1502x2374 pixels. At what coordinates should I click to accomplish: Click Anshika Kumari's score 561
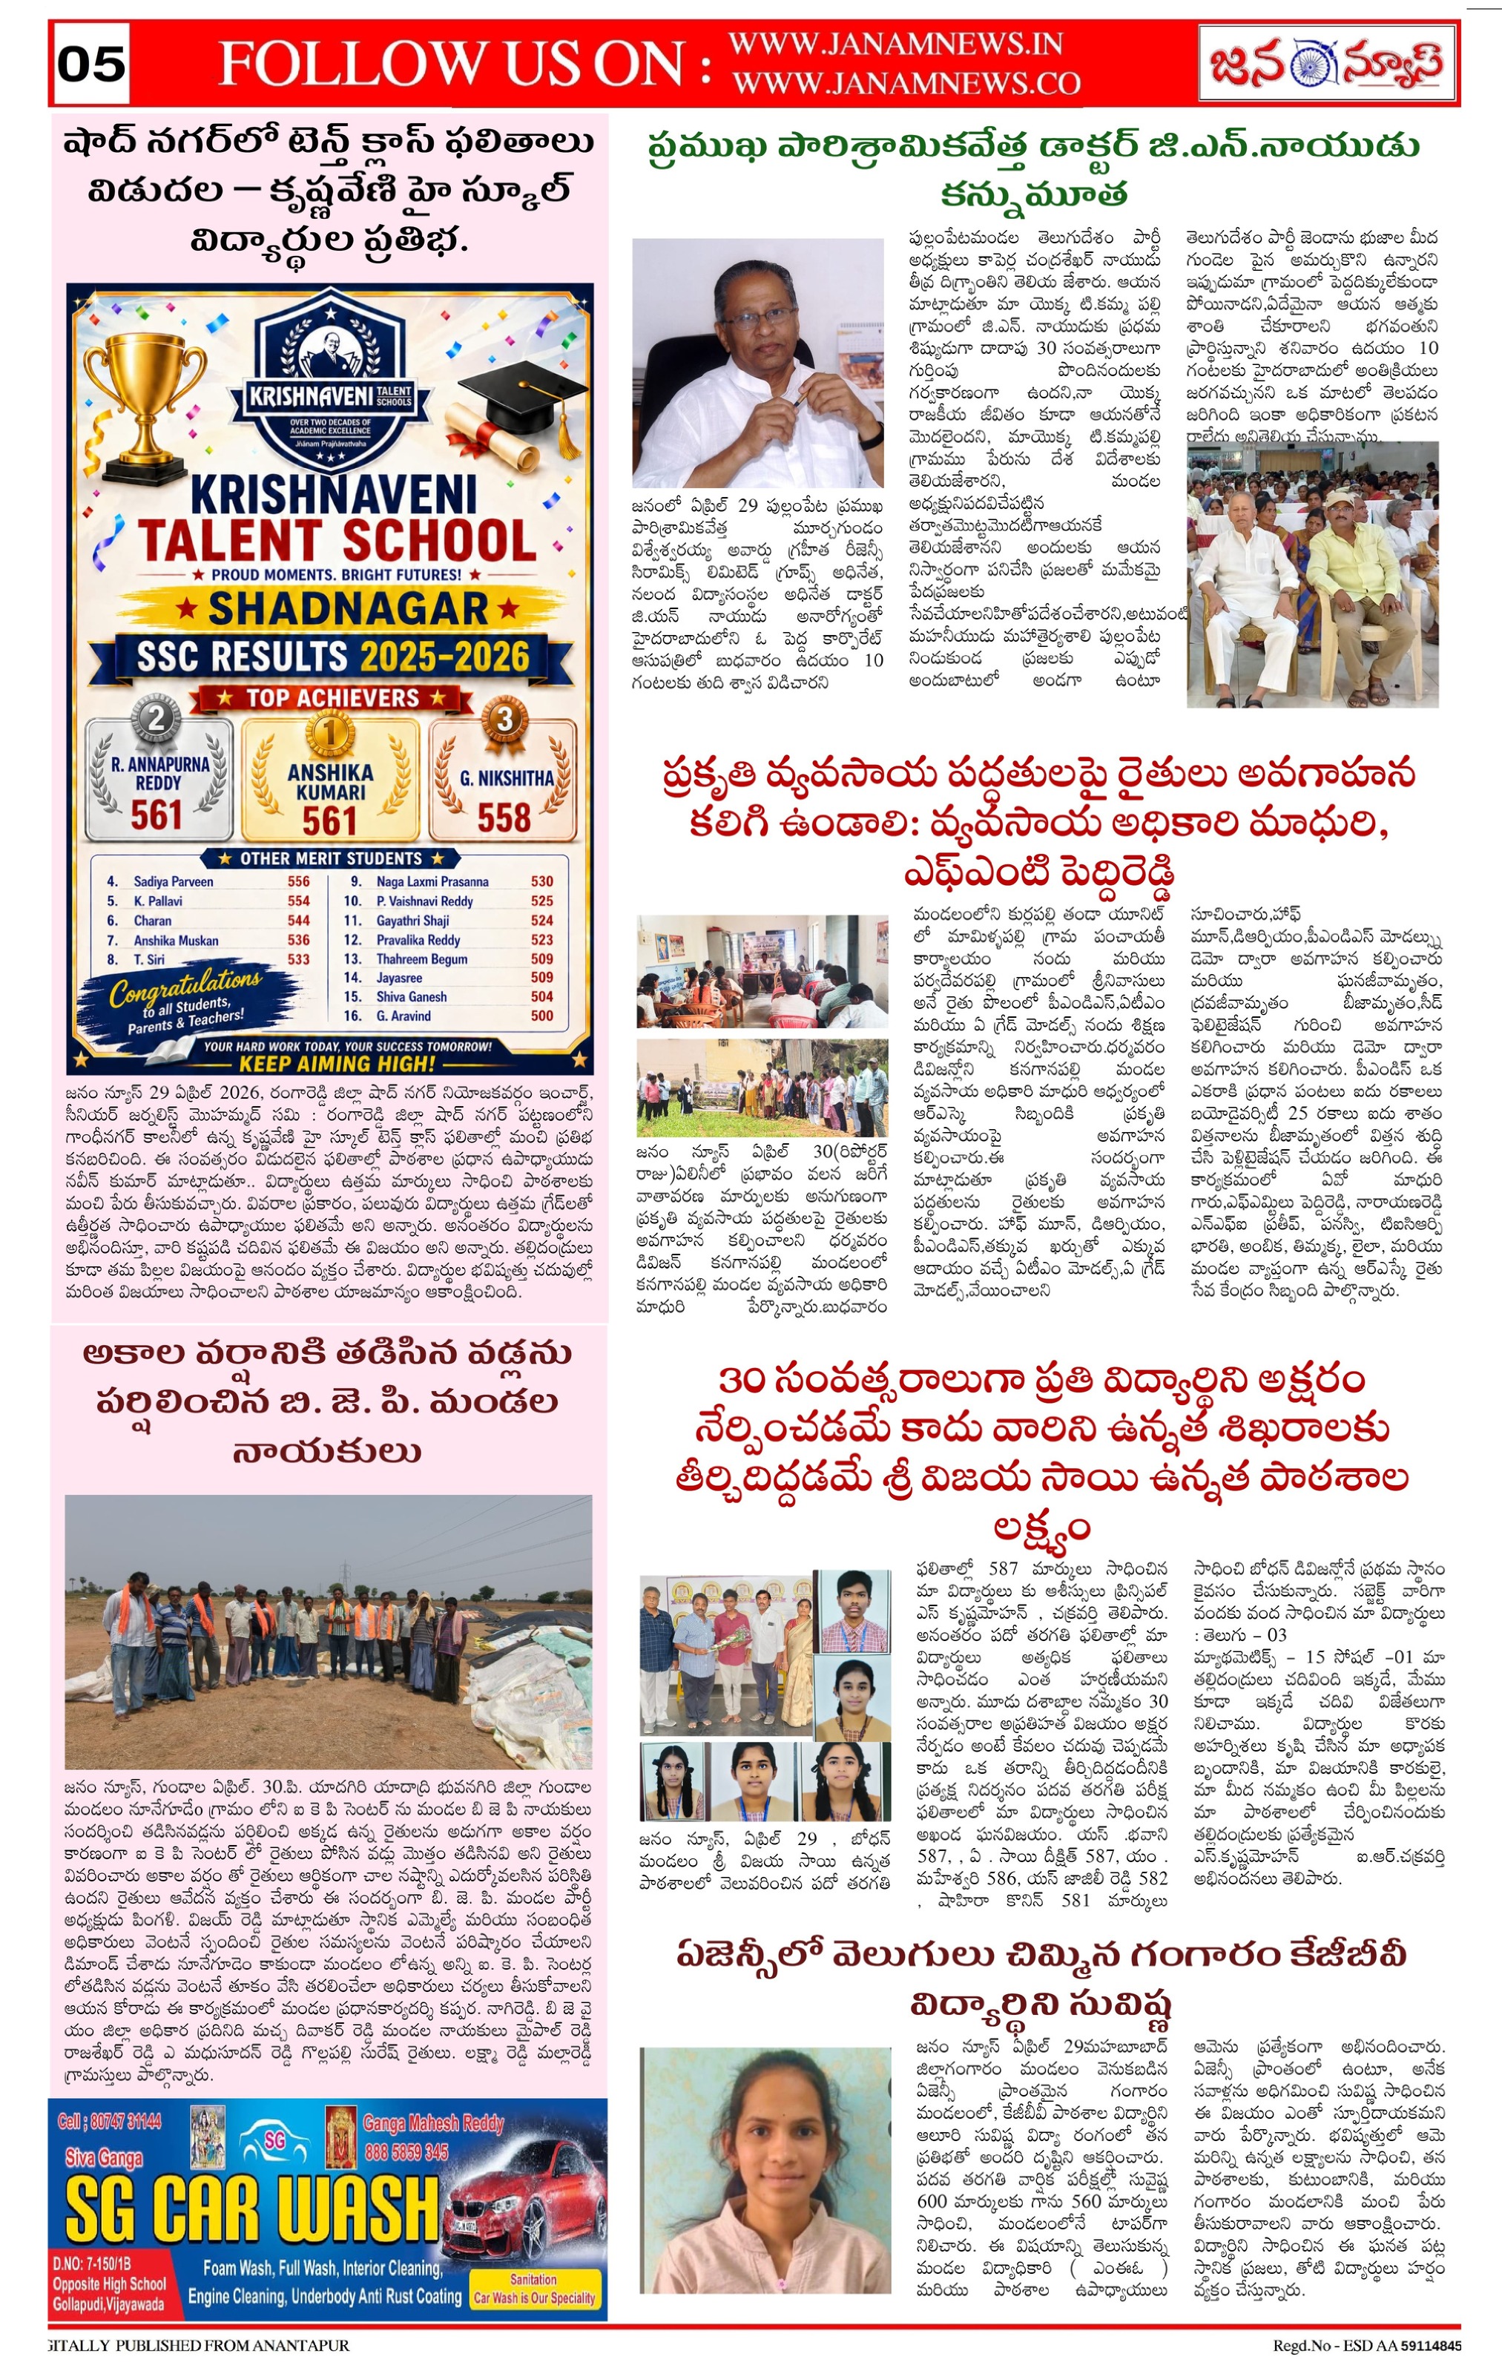[329, 821]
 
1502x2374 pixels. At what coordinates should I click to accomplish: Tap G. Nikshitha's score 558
[504, 818]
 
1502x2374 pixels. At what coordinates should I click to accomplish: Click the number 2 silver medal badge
[156, 720]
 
